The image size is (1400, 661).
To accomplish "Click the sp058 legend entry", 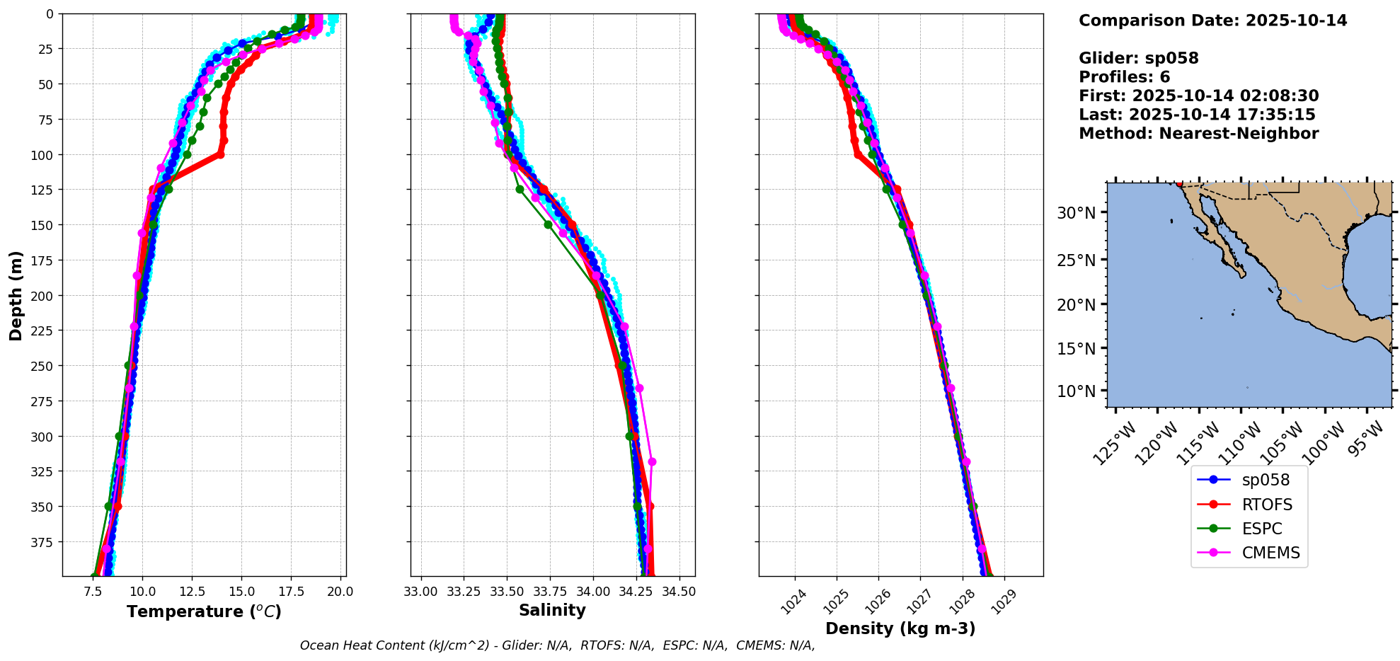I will point(1265,480).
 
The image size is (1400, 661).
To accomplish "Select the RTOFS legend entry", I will point(1266,505).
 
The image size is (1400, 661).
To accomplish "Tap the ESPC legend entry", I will point(1261,529).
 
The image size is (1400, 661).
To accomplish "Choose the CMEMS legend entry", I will point(1270,553).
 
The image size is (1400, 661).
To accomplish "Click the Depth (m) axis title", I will point(16,295).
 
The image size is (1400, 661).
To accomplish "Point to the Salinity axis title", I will point(552,610).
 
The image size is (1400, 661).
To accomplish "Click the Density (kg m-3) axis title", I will point(900,628).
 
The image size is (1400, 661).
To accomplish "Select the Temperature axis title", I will point(204,611).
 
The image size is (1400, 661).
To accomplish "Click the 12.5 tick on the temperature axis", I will point(192,592).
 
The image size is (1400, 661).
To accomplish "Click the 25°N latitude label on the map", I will point(1076,260).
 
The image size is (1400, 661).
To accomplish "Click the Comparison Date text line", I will point(1212,21).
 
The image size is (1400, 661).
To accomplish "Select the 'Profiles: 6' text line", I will point(1124,77).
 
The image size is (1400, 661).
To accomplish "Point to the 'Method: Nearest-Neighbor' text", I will point(1198,134).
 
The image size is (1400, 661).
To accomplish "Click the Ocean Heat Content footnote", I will point(557,645).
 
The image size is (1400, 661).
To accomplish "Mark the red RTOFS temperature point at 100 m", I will point(221,154).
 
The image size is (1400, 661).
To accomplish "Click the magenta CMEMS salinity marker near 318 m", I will point(652,462).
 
